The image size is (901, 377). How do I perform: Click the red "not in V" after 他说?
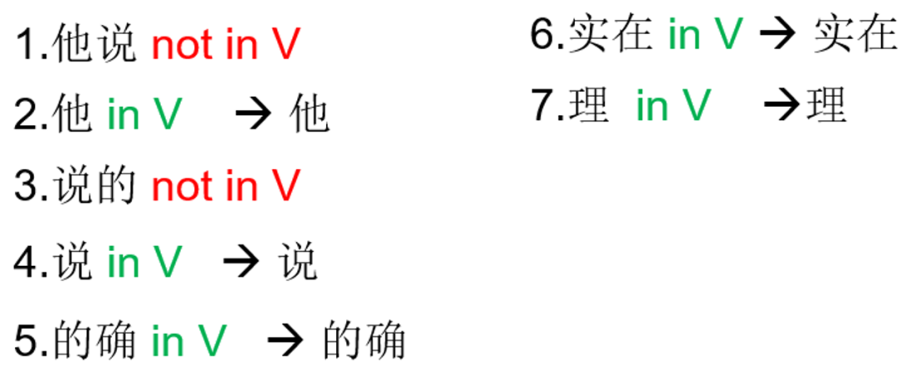click(x=224, y=44)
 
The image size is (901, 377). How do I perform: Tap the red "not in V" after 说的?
click(x=224, y=185)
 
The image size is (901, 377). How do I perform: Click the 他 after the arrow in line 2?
click(x=310, y=115)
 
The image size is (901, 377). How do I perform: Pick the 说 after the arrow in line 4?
click(x=297, y=263)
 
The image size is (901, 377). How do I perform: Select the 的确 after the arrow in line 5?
click(x=364, y=340)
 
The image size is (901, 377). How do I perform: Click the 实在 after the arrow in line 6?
click(x=854, y=35)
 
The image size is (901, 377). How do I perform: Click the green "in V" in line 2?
click(x=143, y=115)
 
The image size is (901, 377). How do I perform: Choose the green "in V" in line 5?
click(x=189, y=340)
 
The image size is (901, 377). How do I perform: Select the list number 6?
click(x=543, y=35)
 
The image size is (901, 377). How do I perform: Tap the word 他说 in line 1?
click(x=93, y=44)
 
